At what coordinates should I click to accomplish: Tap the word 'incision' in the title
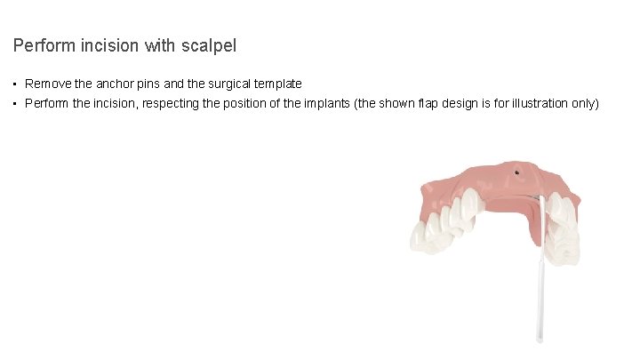(x=109, y=44)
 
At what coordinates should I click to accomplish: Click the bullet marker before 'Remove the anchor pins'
(x=16, y=84)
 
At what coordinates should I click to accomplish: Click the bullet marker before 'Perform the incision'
(x=16, y=104)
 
